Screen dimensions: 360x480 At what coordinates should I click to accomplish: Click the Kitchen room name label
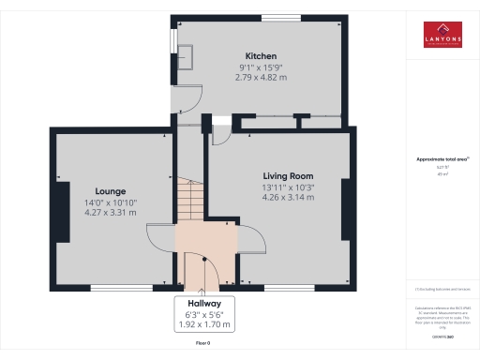coord(261,55)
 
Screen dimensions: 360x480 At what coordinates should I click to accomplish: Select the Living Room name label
coord(287,175)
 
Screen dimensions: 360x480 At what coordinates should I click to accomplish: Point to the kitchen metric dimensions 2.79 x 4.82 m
coord(261,78)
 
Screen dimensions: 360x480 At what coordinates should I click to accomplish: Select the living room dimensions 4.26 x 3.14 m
coord(287,198)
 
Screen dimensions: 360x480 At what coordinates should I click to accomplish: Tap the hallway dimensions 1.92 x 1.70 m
coord(204,325)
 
